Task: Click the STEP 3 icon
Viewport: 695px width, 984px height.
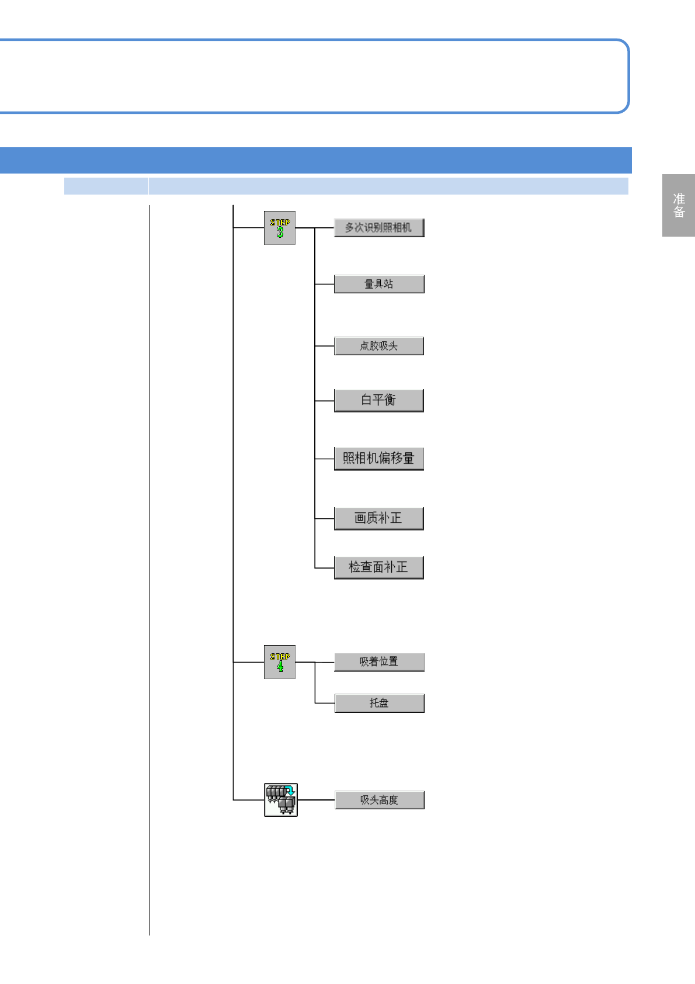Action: click(x=280, y=228)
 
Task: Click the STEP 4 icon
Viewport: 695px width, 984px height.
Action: click(x=280, y=662)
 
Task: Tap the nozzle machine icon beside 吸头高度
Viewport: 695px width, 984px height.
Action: click(x=281, y=799)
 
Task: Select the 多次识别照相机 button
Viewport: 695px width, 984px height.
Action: click(x=378, y=227)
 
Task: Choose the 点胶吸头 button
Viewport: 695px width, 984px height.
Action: click(x=378, y=346)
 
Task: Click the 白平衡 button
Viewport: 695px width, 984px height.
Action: click(x=378, y=400)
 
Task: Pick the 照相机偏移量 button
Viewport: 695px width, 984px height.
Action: click(x=378, y=459)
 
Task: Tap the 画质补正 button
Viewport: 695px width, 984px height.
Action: click(x=378, y=518)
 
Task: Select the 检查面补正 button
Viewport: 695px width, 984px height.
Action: click(x=378, y=567)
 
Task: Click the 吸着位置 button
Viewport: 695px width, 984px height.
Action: click(x=378, y=662)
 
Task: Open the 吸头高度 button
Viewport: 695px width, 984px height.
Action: click(x=379, y=800)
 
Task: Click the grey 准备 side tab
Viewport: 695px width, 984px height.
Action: click(x=678, y=205)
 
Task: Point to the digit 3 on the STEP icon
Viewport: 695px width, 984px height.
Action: click(x=280, y=233)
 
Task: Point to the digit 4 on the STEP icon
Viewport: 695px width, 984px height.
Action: click(x=280, y=667)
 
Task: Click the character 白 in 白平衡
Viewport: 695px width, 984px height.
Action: click(x=366, y=400)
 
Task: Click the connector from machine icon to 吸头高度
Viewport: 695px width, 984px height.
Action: click(x=316, y=799)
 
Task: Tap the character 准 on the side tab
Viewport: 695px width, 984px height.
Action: click(x=679, y=199)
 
